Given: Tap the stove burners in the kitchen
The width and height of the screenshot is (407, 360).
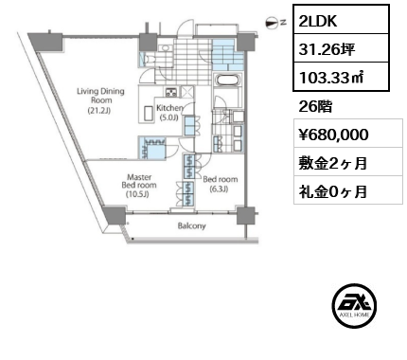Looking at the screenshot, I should coord(171,93).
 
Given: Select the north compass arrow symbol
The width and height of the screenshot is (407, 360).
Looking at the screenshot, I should coord(273,20).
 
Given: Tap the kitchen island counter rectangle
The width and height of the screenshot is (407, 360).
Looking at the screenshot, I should coord(148,114).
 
